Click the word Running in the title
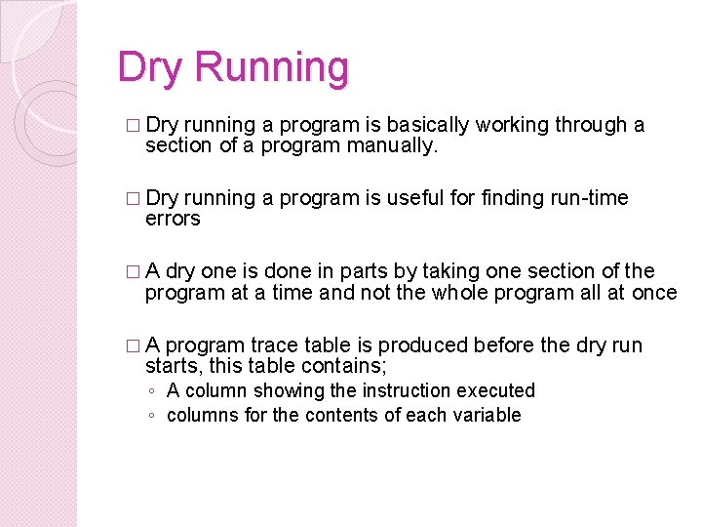coord(271,68)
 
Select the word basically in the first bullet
coord(428,125)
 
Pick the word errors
coord(173,220)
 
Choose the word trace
coord(274,345)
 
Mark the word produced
coord(420,345)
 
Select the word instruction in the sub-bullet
coord(407,390)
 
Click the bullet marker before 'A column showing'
coord(151,391)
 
